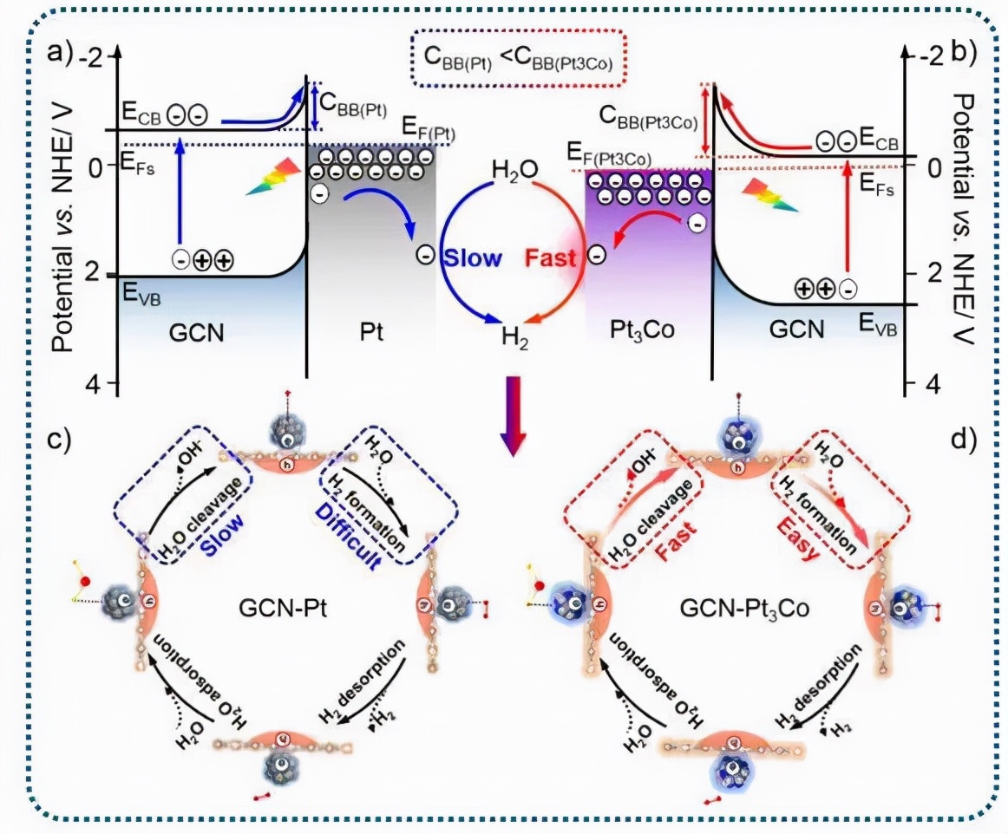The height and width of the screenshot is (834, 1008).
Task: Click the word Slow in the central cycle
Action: [473, 257]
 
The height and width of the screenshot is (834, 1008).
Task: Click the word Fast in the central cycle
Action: [553, 257]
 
